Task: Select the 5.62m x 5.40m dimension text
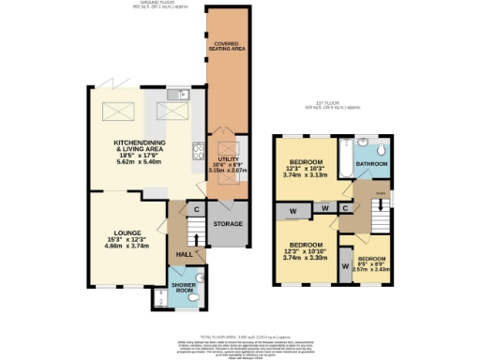[140, 161]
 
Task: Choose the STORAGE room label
[228, 224]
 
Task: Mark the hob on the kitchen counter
[198, 151]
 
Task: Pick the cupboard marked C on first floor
[345, 207]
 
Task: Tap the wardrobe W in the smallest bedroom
[345, 256]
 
